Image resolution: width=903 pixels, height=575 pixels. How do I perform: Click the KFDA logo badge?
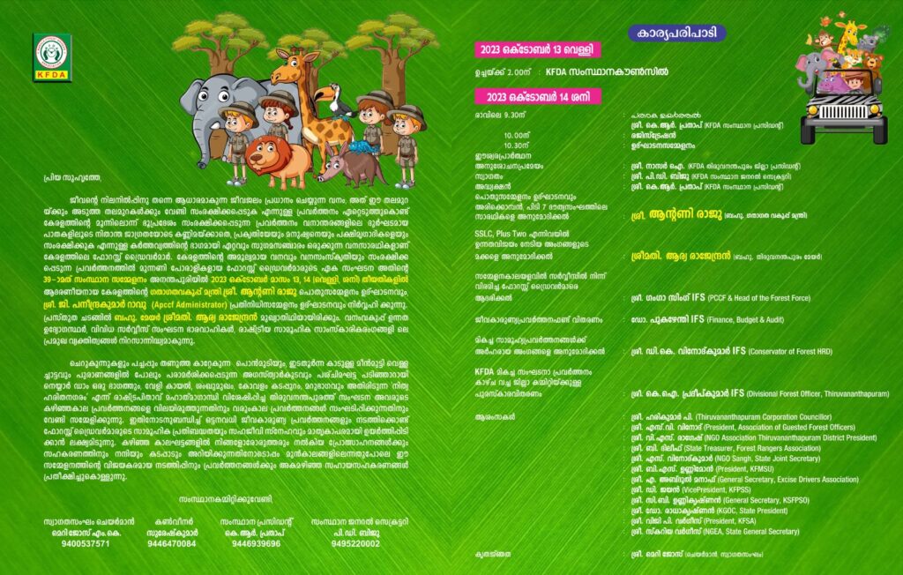pyautogui.click(x=51, y=57)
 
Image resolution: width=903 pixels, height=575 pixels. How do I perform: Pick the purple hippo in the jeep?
pyautogui.click(x=834, y=82)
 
